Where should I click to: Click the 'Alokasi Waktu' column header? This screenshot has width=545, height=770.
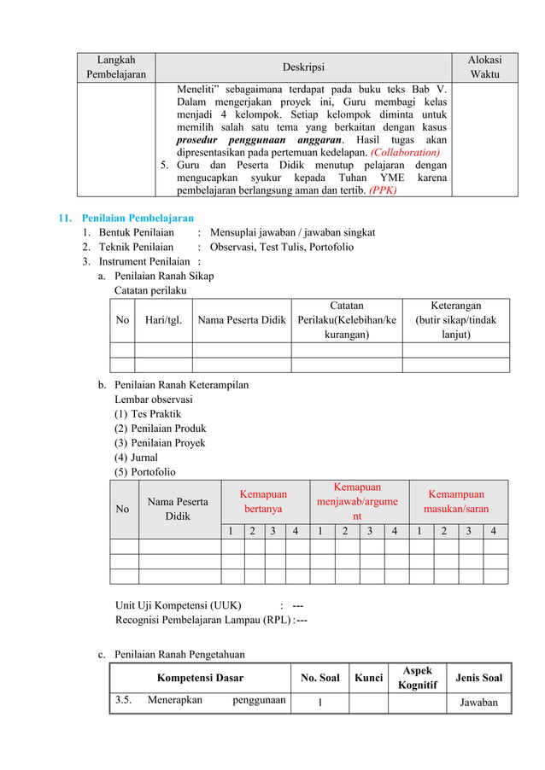click(x=484, y=67)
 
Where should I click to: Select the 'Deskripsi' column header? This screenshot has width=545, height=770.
click(x=304, y=67)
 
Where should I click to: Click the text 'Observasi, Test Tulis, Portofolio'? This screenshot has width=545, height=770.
click(x=282, y=247)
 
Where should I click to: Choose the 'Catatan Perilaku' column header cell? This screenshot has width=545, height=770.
click(x=346, y=320)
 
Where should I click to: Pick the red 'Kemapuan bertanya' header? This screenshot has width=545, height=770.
click(x=262, y=501)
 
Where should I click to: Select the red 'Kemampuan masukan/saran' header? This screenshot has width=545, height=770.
click(x=455, y=501)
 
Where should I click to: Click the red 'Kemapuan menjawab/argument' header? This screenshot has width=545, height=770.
click(x=357, y=501)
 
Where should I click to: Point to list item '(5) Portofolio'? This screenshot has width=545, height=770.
click(x=145, y=472)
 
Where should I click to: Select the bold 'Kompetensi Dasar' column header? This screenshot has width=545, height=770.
click(x=200, y=678)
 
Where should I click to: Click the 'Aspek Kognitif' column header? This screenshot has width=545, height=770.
click(x=417, y=678)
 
